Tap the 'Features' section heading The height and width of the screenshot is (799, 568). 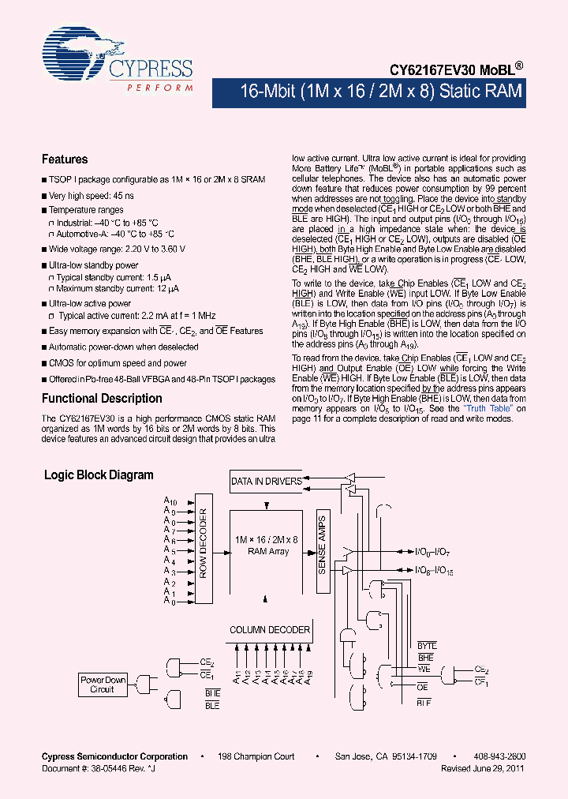[x=65, y=159]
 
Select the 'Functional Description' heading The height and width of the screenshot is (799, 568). [x=102, y=399]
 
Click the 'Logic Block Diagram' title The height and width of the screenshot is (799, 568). [x=99, y=475]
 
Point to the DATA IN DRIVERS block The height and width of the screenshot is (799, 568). [x=267, y=481]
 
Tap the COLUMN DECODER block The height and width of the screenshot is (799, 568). [x=270, y=630]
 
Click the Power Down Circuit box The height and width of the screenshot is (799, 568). [x=103, y=685]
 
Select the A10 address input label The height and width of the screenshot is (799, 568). [x=170, y=501]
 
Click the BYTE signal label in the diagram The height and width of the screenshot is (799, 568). [x=426, y=646]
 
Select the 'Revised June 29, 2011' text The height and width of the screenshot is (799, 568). [x=482, y=768]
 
